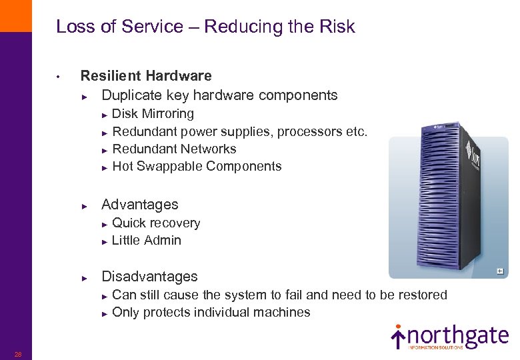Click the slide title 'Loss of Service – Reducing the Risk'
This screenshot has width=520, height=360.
click(205, 27)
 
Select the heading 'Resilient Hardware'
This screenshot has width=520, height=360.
click(146, 76)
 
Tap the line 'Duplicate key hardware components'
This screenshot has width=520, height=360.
click(219, 95)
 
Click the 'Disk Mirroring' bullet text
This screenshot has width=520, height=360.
click(153, 114)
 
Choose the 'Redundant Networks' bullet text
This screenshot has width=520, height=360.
click(174, 149)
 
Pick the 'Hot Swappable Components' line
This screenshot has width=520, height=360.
click(197, 166)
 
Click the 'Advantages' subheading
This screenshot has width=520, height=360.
click(139, 205)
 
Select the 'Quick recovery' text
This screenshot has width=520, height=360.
click(156, 223)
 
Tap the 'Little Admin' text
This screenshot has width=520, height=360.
click(147, 241)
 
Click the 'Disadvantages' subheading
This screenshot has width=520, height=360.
click(149, 277)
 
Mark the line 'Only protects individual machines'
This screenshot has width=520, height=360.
click(211, 312)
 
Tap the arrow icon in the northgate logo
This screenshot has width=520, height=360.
click(398, 337)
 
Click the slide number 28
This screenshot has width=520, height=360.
click(18, 354)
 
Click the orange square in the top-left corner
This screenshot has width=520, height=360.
click(15, 15)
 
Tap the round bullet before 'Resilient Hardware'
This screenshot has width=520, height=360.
click(59, 77)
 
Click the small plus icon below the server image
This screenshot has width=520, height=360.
click(499, 271)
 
